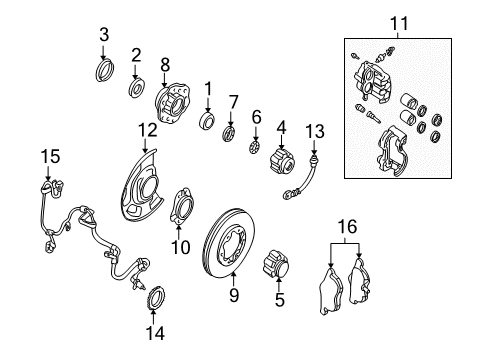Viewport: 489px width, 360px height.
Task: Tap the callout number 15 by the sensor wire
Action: coord(45,156)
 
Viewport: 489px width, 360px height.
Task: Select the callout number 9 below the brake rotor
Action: coord(234,295)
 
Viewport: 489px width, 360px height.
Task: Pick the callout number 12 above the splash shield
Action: coord(147,128)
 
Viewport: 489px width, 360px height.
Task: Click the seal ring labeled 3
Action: coord(103,70)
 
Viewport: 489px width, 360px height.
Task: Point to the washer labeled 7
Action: coord(229,134)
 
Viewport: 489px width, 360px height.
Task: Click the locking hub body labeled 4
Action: coord(280,160)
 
